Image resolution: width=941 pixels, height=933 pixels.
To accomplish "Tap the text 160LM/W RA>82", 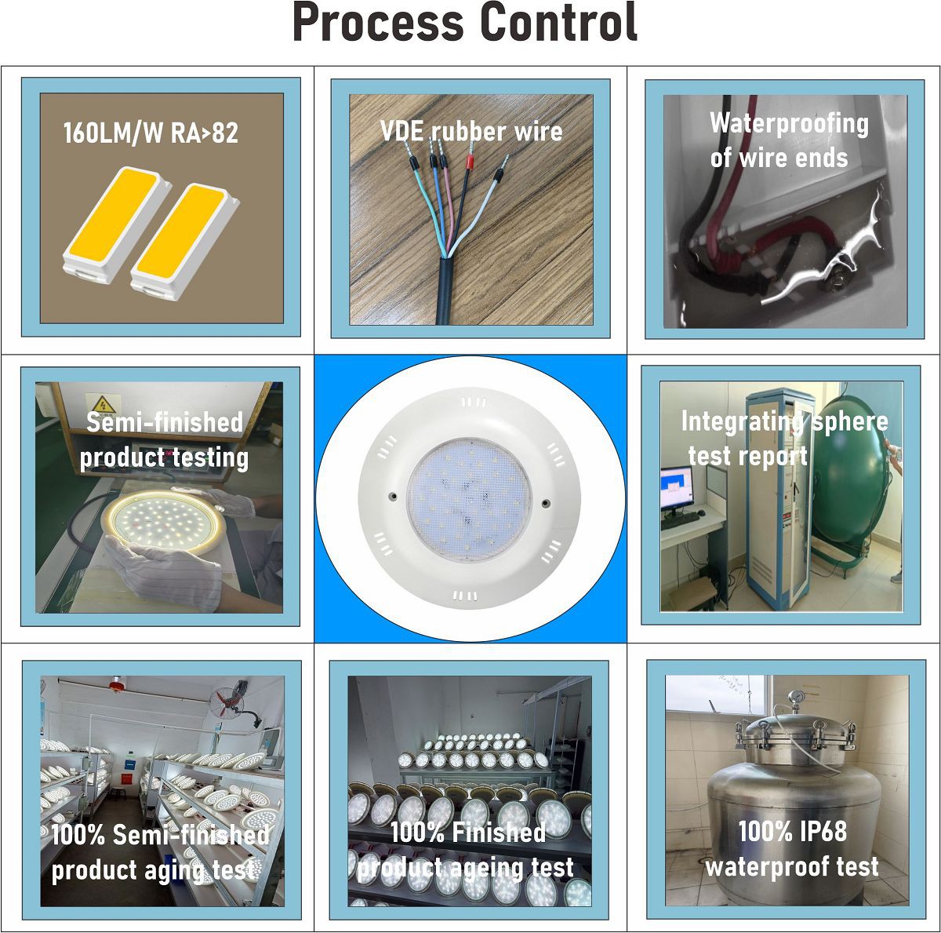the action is [151, 133].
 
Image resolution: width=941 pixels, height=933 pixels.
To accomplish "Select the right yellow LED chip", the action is [184, 242].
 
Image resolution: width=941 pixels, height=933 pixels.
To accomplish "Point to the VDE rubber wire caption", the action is [471, 131].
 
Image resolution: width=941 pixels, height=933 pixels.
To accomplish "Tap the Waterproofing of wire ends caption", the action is [788, 140].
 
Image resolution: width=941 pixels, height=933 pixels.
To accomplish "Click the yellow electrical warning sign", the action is [103, 403].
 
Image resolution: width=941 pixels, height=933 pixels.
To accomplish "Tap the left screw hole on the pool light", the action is [392, 497].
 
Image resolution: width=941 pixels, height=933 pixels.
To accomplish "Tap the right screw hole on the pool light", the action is [546, 502].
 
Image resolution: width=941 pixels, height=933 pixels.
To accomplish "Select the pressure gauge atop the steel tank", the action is [794, 698].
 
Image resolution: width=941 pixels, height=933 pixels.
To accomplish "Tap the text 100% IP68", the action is [792, 831].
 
